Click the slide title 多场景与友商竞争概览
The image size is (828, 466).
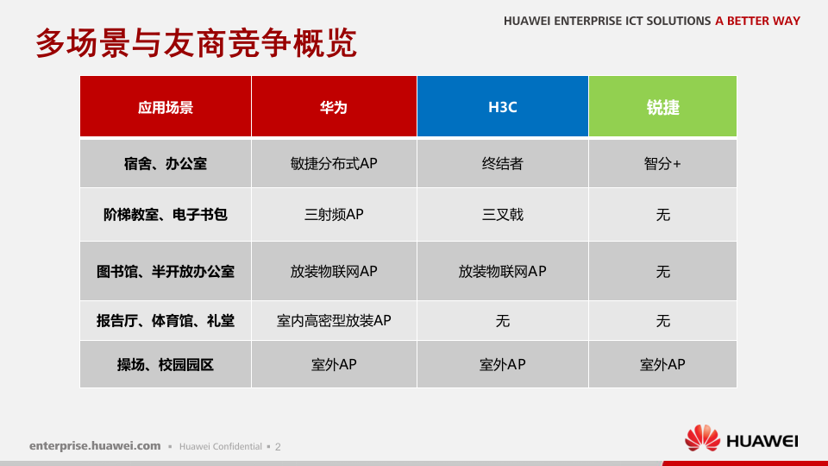pyautogui.click(x=196, y=43)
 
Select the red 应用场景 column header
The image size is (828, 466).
pyautogui.click(x=166, y=107)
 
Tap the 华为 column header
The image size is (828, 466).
pyautogui.click(x=334, y=107)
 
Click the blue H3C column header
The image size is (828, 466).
pyautogui.click(x=502, y=107)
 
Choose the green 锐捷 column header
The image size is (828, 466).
pyautogui.click(x=662, y=107)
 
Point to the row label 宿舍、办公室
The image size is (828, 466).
pyautogui.click(x=166, y=163)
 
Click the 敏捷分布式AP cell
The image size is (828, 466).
pyautogui.click(x=334, y=163)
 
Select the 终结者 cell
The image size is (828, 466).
pyautogui.click(x=502, y=163)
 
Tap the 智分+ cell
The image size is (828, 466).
pyautogui.click(x=662, y=163)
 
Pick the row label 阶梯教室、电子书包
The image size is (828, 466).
pyautogui.click(x=166, y=214)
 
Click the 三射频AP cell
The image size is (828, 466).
pyautogui.click(x=334, y=214)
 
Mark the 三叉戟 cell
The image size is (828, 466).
pyautogui.click(x=502, y=214)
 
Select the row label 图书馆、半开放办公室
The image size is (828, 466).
pyautogui.click(x=166, y=271)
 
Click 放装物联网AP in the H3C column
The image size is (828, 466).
pyautogui.click(x=502, y=271)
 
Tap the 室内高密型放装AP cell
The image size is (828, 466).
pyautogui.click(x=334, y=320)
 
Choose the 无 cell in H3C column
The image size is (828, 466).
pyautogui.click(x=502, y=320)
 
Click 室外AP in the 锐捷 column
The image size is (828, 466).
pyautogui.click(x=662, y=364)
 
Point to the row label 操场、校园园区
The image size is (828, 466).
pyautogui.click(x=166, y=364)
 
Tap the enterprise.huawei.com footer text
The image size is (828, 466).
pyautogui.click(x=95, y=446)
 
